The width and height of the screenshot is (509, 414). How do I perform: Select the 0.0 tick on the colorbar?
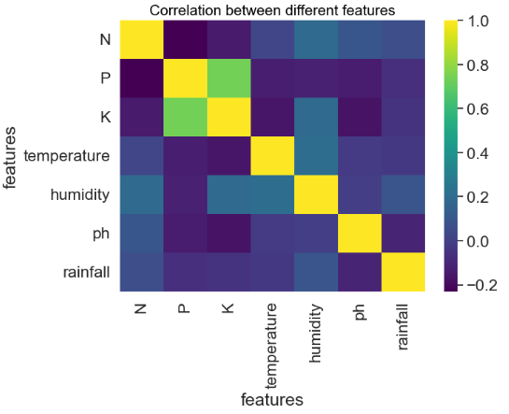click(x=477, y=241)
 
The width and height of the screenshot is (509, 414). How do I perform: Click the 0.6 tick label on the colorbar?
click(x=477, y=108)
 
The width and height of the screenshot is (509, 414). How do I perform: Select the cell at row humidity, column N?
click(x=140, y=194)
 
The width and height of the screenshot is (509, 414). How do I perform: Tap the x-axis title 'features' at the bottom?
click(x=272, y=400)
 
